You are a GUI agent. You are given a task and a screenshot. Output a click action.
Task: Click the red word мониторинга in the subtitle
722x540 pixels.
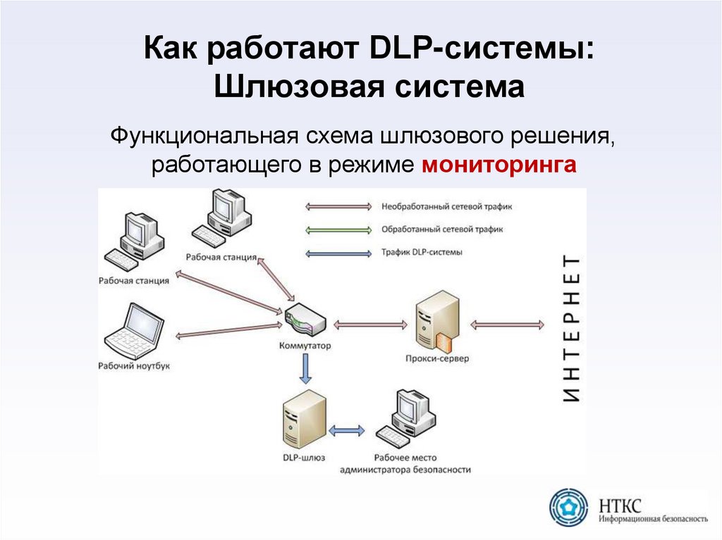(x=499, y=165)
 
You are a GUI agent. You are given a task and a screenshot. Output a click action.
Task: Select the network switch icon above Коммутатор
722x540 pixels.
(x=305, y=320)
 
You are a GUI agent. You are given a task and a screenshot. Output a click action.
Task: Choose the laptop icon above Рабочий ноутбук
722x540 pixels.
(x=134, y=332)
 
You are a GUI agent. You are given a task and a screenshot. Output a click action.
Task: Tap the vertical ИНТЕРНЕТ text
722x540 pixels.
(x=573, y=328)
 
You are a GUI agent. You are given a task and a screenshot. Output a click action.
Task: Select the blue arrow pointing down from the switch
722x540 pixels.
(x=305, y=368)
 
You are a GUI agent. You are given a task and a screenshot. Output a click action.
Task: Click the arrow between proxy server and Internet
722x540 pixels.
(x=508, y=325)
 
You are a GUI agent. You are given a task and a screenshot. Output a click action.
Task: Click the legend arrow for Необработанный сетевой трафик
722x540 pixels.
(x=338, y=206)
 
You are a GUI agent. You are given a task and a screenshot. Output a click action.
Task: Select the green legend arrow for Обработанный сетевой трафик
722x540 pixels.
(x=338, y=230)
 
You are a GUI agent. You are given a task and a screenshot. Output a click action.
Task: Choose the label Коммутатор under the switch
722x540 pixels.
(x=305, y=346)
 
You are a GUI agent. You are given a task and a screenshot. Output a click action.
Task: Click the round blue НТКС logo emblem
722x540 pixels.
(x=569, y=507)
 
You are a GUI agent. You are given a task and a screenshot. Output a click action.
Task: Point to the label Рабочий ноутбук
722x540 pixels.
(x=134, y=366)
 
